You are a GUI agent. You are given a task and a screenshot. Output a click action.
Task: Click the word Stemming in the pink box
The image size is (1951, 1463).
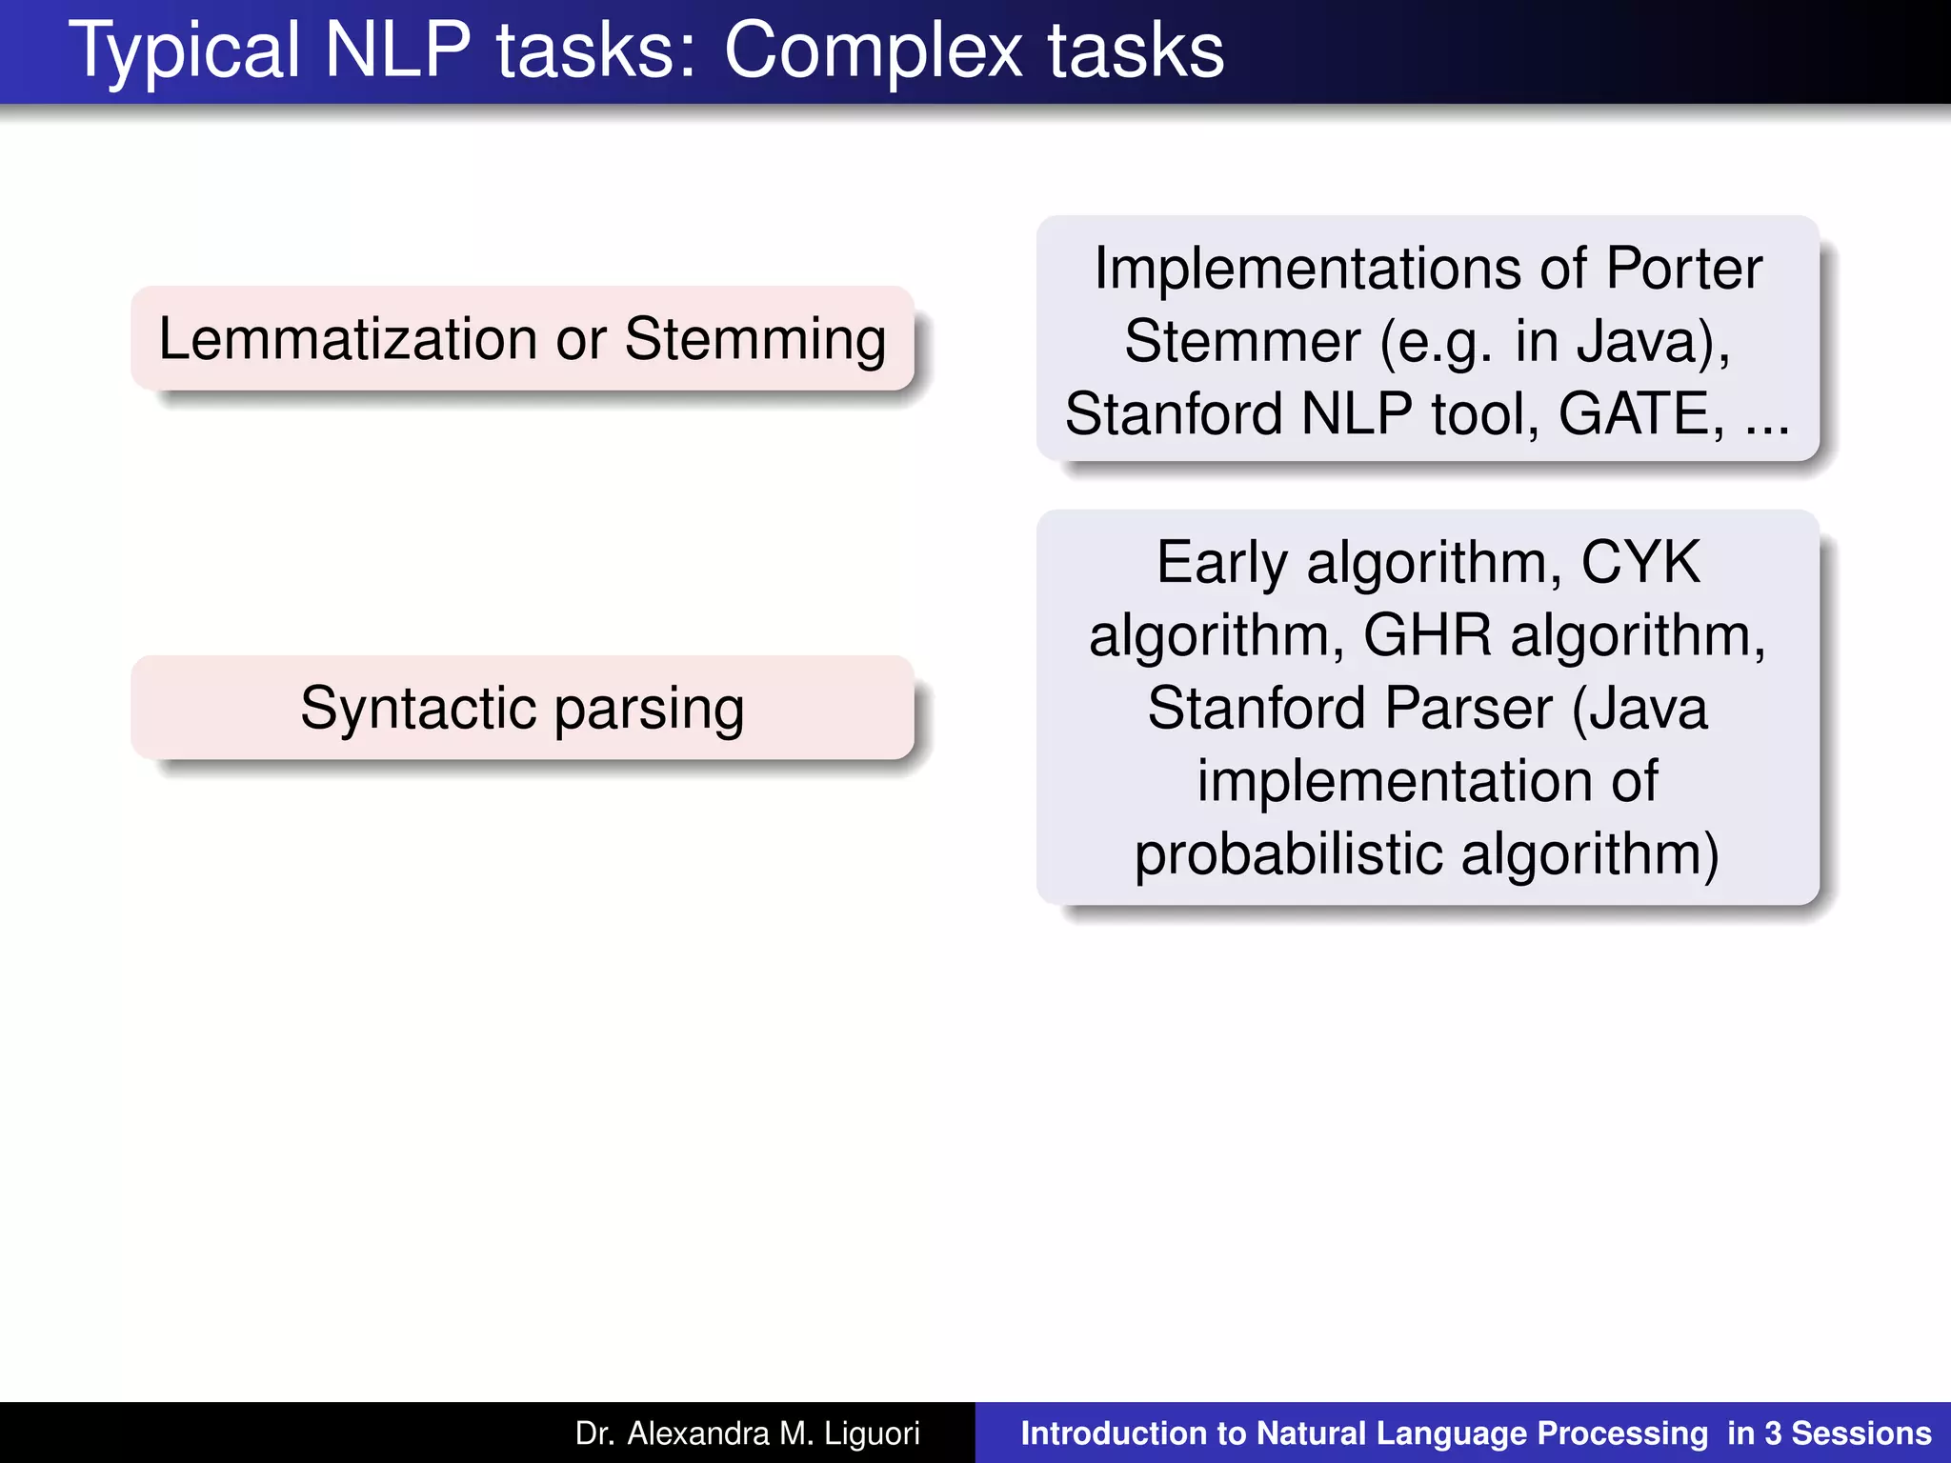(755, 339)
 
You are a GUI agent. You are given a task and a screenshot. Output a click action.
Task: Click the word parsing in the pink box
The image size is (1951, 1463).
(649, 710)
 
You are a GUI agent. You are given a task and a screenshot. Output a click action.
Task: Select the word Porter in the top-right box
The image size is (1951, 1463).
(1683, 269)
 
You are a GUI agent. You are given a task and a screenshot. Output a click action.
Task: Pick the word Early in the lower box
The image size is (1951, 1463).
(1221, 563)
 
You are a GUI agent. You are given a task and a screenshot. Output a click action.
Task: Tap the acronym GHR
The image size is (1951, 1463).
(1427, 635)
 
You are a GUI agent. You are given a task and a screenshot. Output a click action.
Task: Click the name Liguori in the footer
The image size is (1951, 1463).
(872, 1433)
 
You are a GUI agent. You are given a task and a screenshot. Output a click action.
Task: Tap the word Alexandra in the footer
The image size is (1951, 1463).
(697, 1433)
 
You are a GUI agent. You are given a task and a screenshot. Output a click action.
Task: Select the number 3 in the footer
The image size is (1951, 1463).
(1773, 1433)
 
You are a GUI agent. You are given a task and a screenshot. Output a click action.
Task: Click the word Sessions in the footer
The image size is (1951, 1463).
(1861, 1433)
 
